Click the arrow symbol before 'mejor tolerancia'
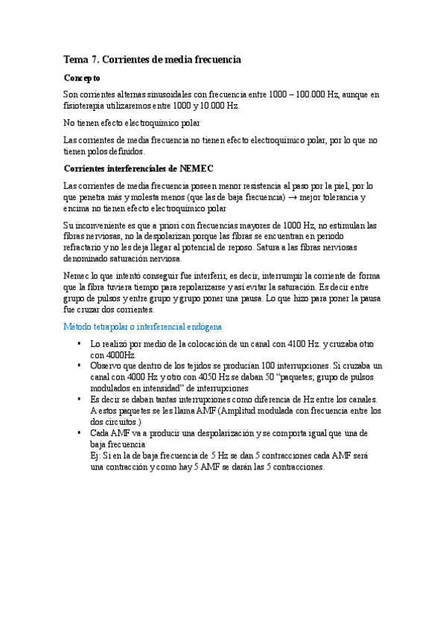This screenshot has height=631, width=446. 295,197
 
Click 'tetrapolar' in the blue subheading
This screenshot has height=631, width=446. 115,327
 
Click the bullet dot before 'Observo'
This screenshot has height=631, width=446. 79,366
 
